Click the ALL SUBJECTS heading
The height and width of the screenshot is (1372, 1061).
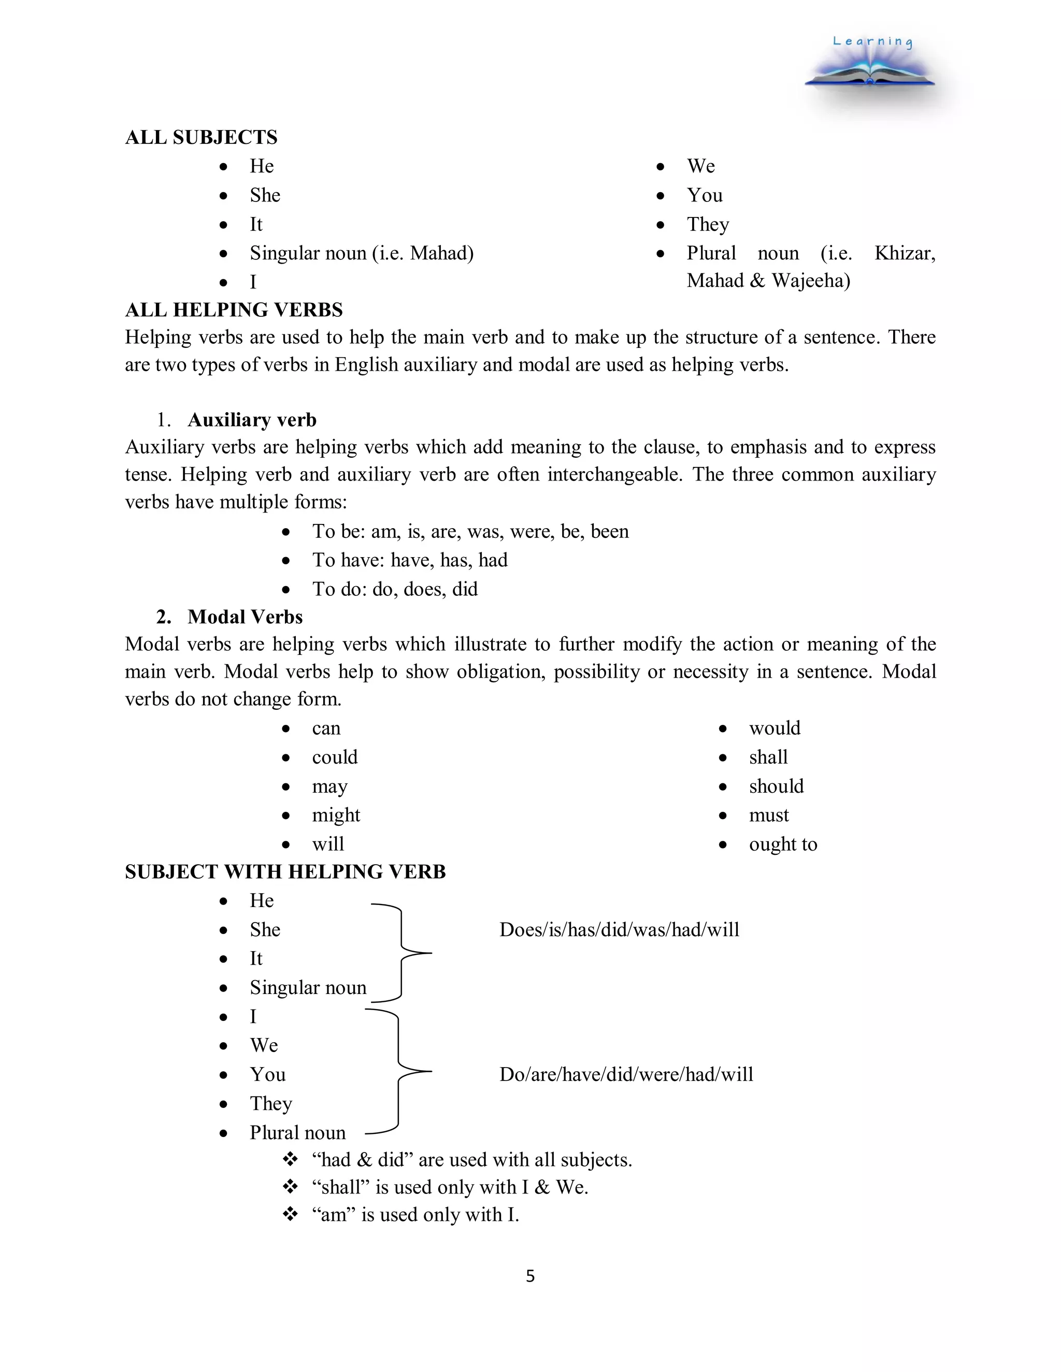pos(200,137)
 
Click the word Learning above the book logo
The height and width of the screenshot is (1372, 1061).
pos(872,41)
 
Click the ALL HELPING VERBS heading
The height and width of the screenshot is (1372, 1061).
pos(234,310)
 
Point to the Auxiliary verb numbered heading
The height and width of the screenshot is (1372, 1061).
pos(251,420)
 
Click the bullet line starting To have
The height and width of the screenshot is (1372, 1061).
pos(409,560)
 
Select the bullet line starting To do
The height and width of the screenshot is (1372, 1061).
pos(395,589)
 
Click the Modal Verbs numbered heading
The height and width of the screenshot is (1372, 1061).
pos(245,617)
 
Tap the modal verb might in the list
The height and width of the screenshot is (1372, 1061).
pos(336,815)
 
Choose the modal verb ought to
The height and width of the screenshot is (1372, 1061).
pos(783,844)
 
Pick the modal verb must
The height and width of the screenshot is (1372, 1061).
pos(768,815)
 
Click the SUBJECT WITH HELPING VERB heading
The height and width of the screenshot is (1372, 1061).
pos(285,871)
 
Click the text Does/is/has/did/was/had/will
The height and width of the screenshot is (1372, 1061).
pos(619,930)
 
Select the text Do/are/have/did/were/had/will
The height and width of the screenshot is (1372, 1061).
pos(626,1074)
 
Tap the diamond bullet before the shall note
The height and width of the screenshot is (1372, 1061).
pos(290,1187)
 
